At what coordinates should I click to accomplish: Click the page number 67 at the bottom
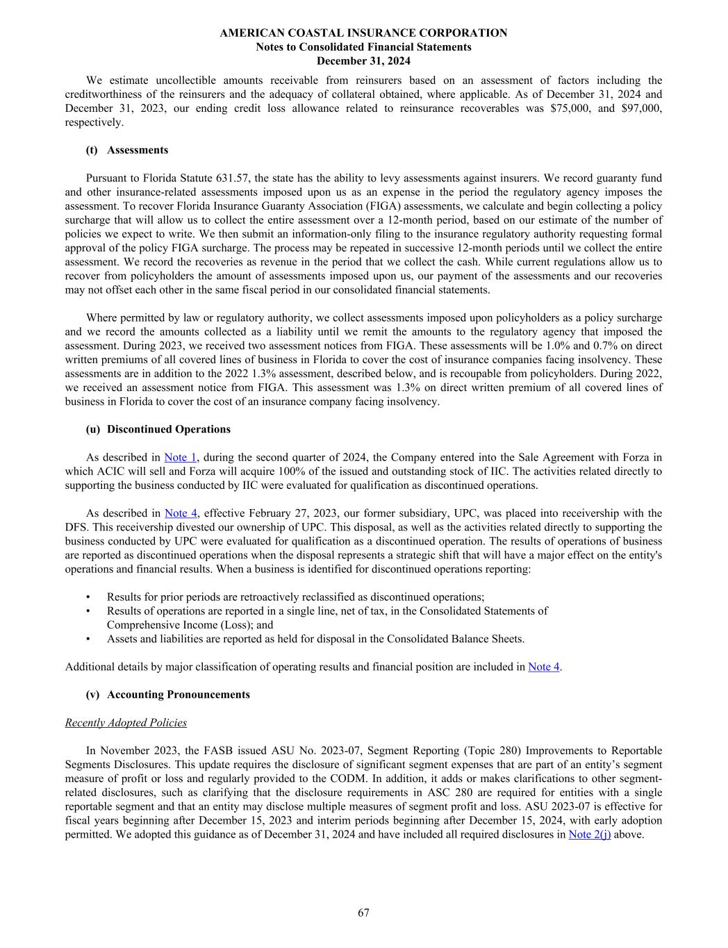tap(363, 913)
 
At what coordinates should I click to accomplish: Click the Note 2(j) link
tap(589, 834)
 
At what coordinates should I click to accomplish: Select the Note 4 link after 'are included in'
tap(543, 667)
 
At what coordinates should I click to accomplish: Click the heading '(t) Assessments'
tap(126, 150)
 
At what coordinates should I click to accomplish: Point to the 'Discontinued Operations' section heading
tap(168, 429)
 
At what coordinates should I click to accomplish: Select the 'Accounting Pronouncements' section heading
tap(178, 695)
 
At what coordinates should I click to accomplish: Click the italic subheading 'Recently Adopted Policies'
tap(126, 722)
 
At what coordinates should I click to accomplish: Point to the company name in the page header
tap(363, 33)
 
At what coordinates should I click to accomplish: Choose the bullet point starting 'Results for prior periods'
tap(295, 597)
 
